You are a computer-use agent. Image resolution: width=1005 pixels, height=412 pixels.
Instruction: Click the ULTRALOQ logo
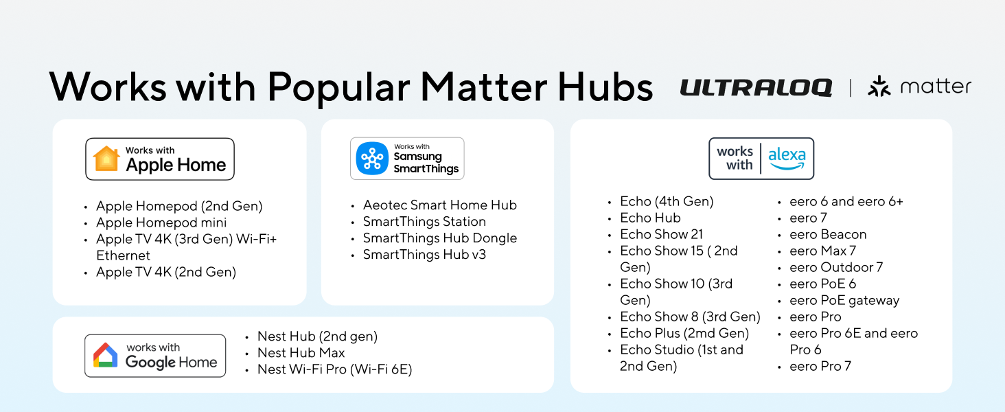(756, 87)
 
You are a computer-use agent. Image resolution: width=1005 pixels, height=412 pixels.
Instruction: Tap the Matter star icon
(879, 87)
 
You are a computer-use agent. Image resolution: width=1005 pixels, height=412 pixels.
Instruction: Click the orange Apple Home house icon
(106, 159)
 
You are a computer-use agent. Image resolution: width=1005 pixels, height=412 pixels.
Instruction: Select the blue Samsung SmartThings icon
(372, 159)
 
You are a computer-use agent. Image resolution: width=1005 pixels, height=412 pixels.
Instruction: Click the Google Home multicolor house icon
(105, 356)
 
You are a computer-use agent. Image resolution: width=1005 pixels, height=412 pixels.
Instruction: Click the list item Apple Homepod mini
(161, 222)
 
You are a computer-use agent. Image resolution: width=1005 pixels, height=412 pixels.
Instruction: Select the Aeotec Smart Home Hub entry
(439, 205)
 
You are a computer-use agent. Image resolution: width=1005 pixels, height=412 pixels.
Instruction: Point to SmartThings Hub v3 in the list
(424, 255)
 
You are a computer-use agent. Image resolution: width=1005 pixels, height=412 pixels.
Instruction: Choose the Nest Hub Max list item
(301, 353)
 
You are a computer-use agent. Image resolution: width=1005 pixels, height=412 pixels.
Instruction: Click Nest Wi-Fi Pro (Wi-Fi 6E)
(334, 369)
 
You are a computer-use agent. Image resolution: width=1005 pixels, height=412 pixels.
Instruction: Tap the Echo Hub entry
(650, 218)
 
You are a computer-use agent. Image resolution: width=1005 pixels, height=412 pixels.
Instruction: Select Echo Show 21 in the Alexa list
(661, 234)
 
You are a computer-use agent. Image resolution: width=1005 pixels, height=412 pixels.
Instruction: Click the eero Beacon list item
(828, 234)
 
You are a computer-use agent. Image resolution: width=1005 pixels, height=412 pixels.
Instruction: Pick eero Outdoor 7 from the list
(836, 267)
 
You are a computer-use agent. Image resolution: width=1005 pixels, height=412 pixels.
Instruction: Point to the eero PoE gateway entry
(844, 300)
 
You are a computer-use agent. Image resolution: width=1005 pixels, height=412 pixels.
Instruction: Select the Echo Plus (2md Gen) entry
(684, 333)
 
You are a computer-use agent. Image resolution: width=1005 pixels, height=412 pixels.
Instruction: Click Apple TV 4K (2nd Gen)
(166, 272)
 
